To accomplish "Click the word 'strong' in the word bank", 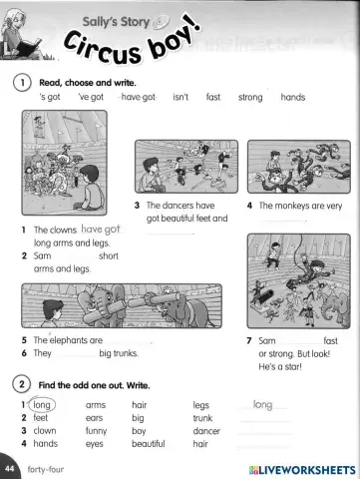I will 250,97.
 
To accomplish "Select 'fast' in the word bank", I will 212,97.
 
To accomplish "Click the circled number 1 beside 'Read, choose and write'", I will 20,82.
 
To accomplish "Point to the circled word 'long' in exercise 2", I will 42,405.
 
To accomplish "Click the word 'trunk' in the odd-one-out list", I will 203,418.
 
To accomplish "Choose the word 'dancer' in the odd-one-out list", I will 206,431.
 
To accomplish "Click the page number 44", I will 10,468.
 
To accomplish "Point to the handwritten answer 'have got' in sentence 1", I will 100,230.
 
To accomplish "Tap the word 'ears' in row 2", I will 96,418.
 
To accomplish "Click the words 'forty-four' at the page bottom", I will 46,468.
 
